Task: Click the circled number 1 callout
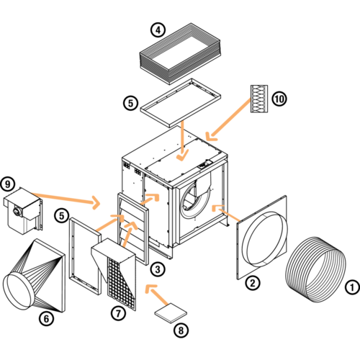pos(352,287)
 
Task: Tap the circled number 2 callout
pos(253,283)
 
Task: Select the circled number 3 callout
pos(158,269)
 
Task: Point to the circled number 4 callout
pos(158,30)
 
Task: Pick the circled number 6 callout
pos(47,319)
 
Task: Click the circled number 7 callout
pos(118,313)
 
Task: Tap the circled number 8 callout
pos(181,330)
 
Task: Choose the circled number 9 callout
pos(8,184)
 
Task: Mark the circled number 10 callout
pos(279,99)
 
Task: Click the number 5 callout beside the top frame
pos(130,104)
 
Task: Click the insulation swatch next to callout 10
pos(259,99)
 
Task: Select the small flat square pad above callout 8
pos(171,312)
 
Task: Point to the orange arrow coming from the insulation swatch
pos(229,120)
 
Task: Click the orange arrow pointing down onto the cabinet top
pos(182,140)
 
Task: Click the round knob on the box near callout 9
pos(17,212)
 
